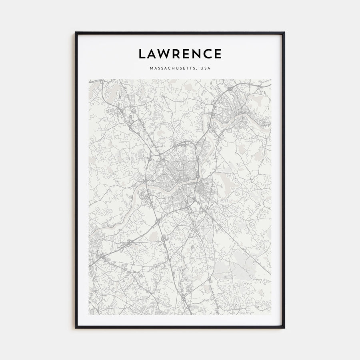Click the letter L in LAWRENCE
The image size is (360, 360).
click(142, 54)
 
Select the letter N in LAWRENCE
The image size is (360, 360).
click(198, 54)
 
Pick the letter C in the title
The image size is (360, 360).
click(208, 54)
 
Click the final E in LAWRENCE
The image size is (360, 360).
click(218, 54)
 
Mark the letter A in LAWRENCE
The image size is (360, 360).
click(152, 54)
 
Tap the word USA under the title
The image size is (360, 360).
click(205, 68)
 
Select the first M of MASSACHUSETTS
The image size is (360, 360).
click(151, 68)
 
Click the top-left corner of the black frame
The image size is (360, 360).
click(76, 32)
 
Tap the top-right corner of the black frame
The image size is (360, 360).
click(284, 32)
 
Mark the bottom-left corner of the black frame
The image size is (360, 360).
click(76, 328)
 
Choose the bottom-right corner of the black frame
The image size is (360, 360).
click(284, 328)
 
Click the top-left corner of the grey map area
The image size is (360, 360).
click(89, 80)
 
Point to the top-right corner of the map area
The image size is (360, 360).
click(271, 80)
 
